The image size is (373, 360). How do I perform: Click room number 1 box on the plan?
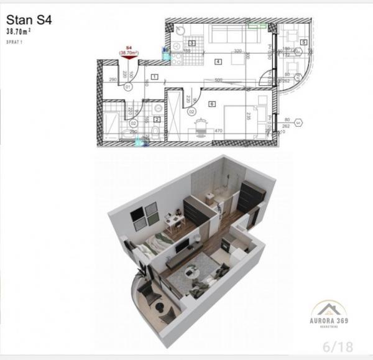point(154,76)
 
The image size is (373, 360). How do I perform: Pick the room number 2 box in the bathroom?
point(157,119)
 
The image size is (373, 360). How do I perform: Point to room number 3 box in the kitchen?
point(192,43)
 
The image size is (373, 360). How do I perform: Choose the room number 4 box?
point(218,62)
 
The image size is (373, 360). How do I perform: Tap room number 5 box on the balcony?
point(303,42)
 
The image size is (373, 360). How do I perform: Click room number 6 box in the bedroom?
point(212,104)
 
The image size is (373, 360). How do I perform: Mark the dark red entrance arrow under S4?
point(129,60)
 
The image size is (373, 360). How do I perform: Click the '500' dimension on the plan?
point(219,80)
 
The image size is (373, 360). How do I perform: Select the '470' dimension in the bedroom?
point(219,131)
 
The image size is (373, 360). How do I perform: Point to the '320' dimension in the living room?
point(237,51)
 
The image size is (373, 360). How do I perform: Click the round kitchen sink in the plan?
point(176,29)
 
